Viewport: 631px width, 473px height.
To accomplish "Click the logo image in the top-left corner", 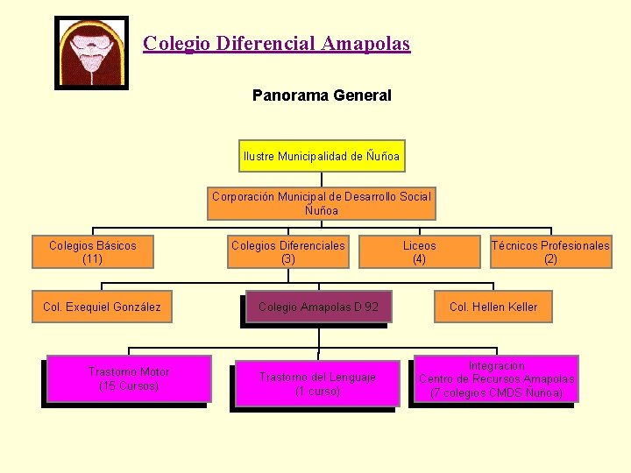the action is pyautogui.click(x=91, y=53).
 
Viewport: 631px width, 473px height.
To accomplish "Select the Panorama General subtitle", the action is pyautogui.click(x=322, y=95).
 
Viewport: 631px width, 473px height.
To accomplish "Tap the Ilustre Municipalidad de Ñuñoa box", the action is pyautogui.click(x=322, y=157).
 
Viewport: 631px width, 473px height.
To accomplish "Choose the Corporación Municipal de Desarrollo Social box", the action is pyautogui.click(x=322, y=203).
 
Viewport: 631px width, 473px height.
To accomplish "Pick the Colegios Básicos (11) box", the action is pyautogui.click(x=93, y=252).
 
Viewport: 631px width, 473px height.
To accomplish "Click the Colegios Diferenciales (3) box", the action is pyautogui.click(x=288, y=252).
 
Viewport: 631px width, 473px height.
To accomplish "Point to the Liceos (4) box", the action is pyautogui.click(x=419, y=252).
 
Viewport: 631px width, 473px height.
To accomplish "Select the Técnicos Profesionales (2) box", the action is pyautogui.click(x=550, y=252).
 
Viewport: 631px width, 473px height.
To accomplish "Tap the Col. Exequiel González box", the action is pyautogui.click(x=102, y=307).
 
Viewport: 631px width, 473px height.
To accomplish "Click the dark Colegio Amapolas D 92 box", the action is pyautogui.click(x=318, y=307).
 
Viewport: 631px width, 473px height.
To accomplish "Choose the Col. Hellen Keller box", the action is pyautogui.click(x=493, y=307).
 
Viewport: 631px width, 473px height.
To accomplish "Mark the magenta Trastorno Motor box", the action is pyautogui.click(x=129, y=378).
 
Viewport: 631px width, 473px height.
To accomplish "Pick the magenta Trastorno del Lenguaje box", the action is pyautogui.click(x=317, y=384).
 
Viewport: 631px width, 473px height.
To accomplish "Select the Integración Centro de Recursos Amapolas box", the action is pyautogui.click(x=496, y=378).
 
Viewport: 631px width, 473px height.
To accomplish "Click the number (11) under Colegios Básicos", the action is pyautogui.click(x=93, y=259).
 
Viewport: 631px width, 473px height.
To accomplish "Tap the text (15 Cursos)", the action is pyautogui.click(x=129, y=386).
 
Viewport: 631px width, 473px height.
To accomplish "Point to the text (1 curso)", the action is pyautogui.click(x=317, y=392).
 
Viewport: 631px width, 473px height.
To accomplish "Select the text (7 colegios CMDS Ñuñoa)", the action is pyautogui.click(x=496, y=393).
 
